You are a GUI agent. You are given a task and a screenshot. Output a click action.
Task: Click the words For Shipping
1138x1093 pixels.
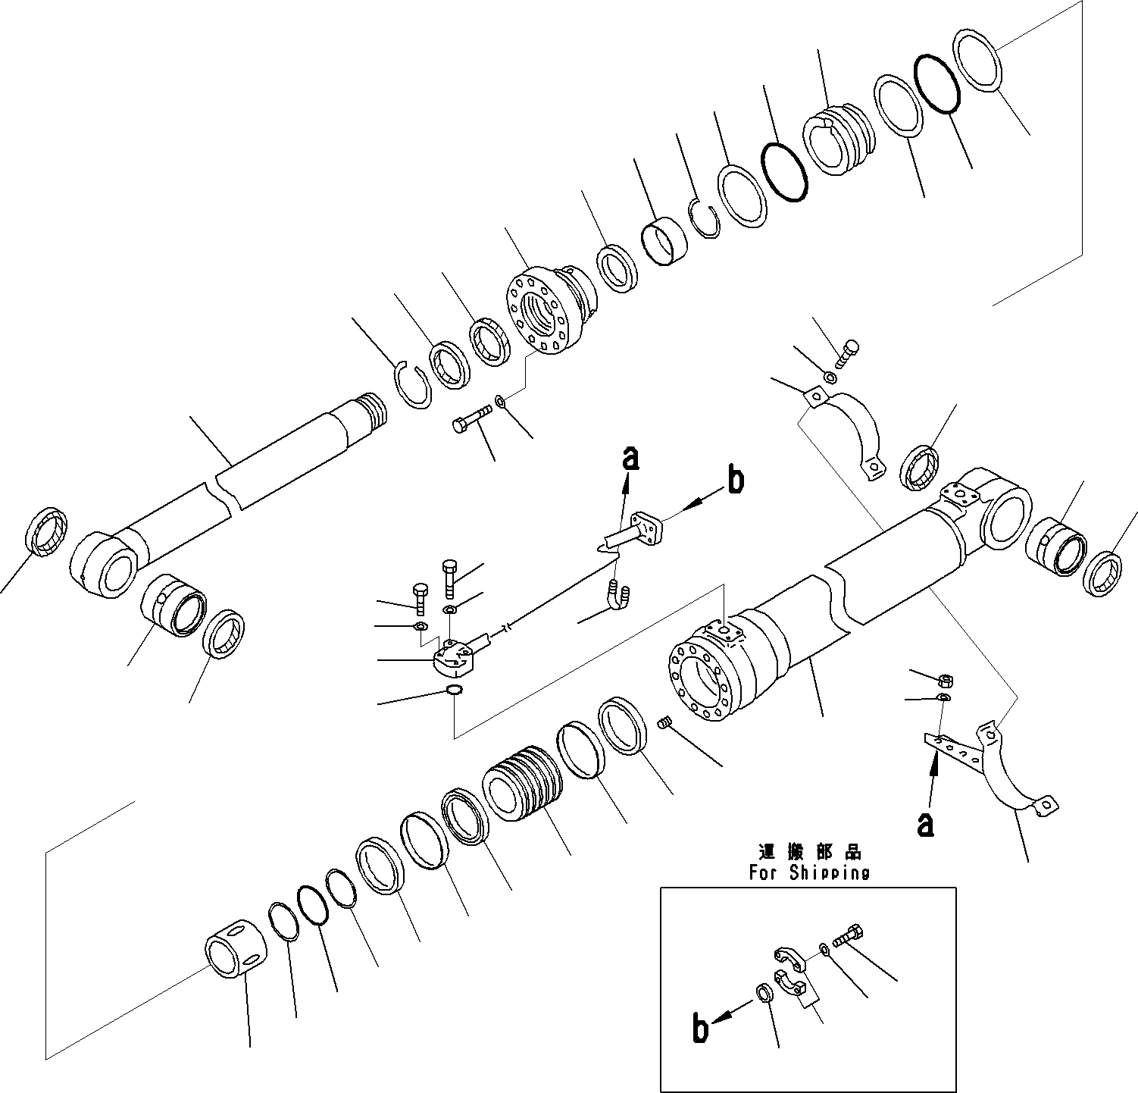(x=809, y=872)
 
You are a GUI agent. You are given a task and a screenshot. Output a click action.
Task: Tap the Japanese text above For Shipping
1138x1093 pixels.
(x=808, y=853)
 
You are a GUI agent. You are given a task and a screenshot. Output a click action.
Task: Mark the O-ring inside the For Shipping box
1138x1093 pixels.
(x=764, y=994)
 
